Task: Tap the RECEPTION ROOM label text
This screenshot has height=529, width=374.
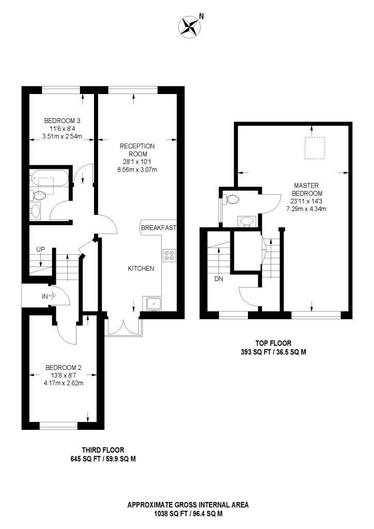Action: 137,150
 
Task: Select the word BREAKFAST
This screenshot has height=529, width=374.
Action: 159,228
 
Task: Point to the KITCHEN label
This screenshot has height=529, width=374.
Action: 141,268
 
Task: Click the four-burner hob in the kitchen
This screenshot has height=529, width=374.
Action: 169,255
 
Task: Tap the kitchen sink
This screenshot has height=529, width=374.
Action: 153,303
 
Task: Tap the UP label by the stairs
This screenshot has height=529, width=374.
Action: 41,250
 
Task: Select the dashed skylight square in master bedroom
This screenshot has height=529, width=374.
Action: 313,148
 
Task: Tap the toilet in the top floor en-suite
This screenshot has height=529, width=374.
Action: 232,199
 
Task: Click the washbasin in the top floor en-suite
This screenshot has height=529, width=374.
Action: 246,221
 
